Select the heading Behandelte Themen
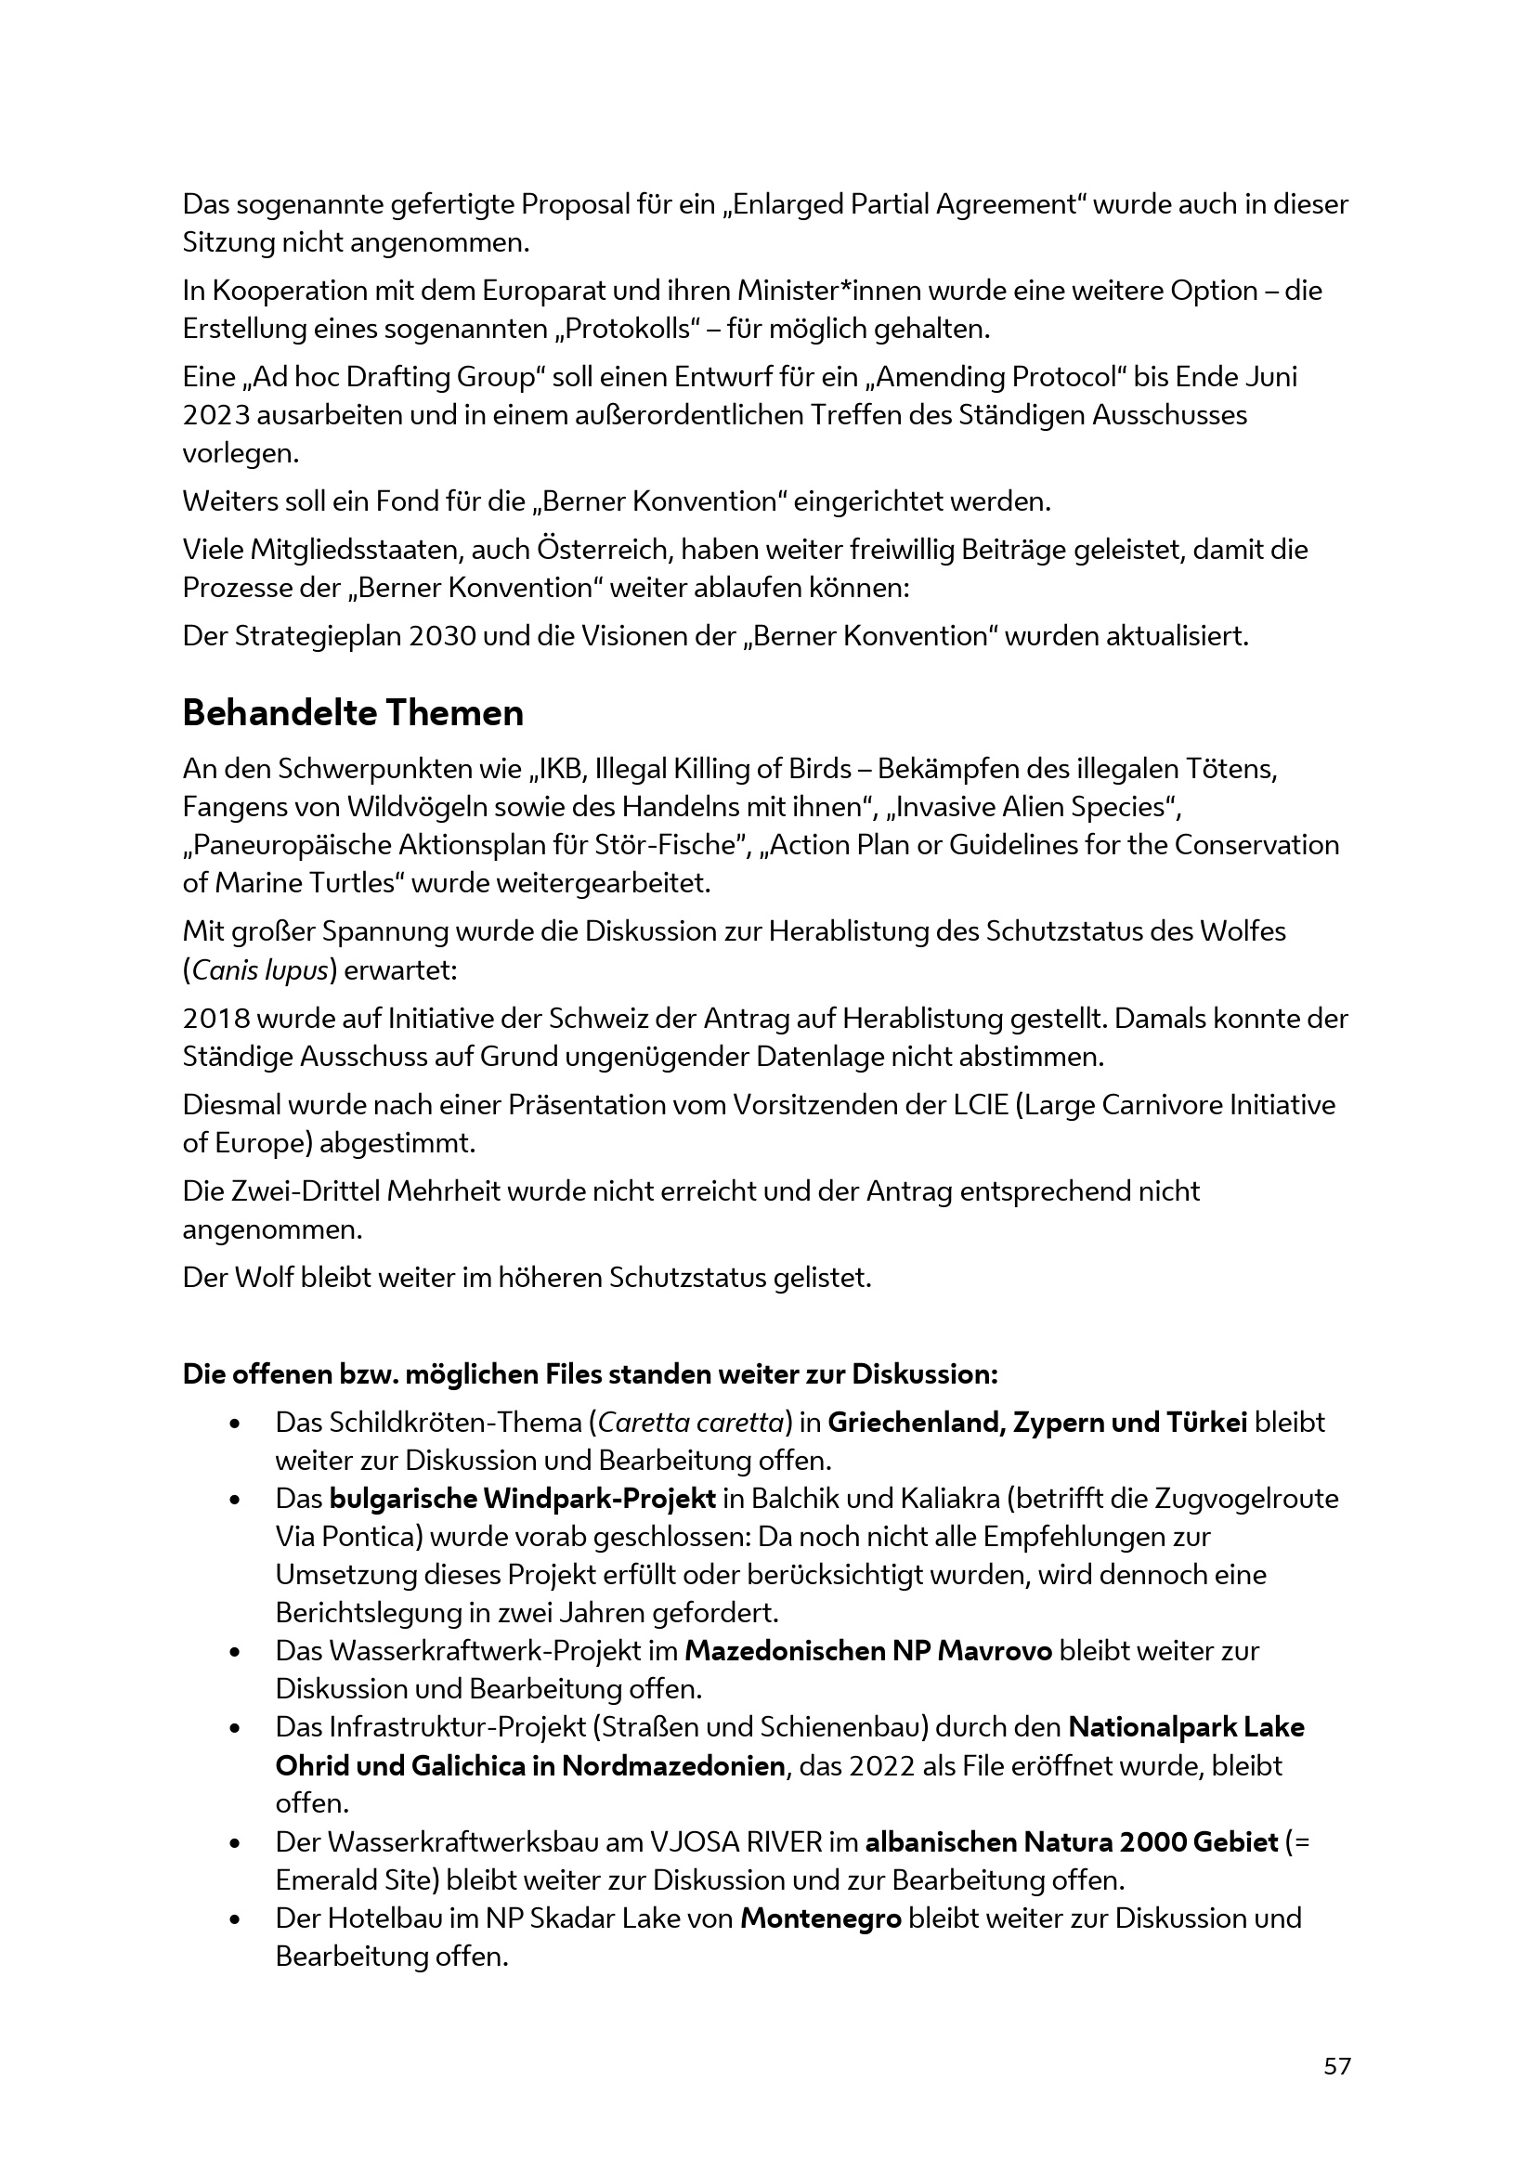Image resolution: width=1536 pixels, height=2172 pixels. click(353, 713)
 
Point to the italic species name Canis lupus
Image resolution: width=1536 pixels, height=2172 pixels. click(260, 970)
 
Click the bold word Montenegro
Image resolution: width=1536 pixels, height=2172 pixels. click(820, 1891)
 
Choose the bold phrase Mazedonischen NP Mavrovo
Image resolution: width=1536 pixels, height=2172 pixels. click(868, 1651)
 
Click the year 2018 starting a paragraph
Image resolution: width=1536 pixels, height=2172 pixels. click(215, 1019)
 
